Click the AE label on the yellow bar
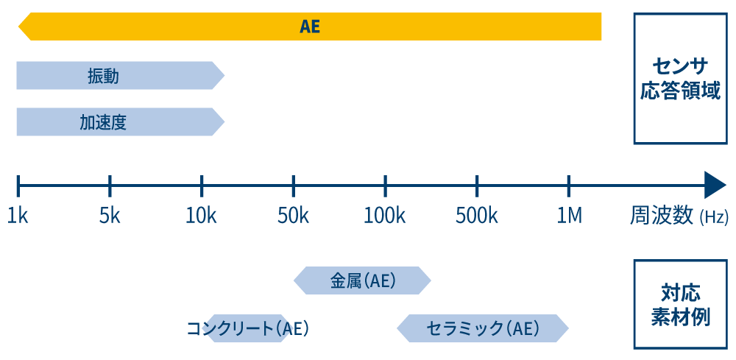[310, 27]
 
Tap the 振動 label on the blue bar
[103, 76]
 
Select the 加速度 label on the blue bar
[103, 122]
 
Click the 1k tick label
[18, 216]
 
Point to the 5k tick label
[110, 216]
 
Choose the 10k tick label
[201, 216]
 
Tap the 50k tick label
[293, 216]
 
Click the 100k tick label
[385, 216]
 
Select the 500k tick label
[477, 216]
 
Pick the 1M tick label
[569, 216]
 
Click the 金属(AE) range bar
[362, 280]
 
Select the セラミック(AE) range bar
[483, 328]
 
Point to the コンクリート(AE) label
[247, 328]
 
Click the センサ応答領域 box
[680, 79]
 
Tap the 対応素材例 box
[680, 305]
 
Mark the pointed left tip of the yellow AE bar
[20, 28]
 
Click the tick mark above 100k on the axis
[385, 186]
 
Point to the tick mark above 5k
[110, 186]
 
